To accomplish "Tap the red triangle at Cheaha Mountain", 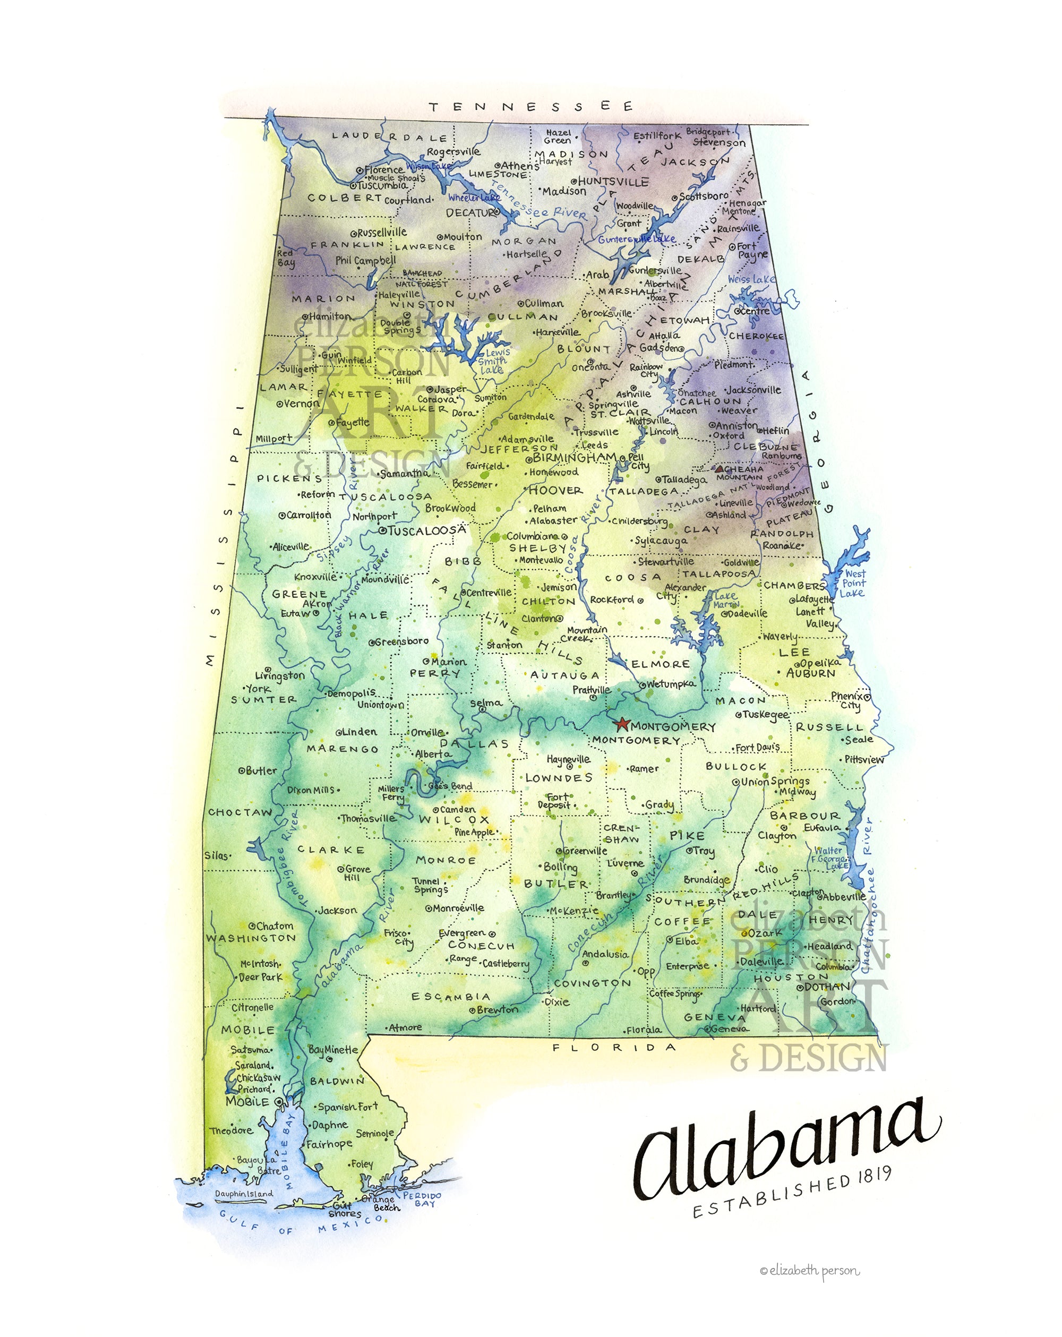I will (718, 469).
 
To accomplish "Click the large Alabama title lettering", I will (785, 1146).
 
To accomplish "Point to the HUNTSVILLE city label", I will (613, 182).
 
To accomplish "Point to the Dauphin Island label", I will (244, 1194).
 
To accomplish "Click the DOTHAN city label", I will (827, 987).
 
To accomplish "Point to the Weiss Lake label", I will (751, 279).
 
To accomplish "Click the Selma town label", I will (486, 702).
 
